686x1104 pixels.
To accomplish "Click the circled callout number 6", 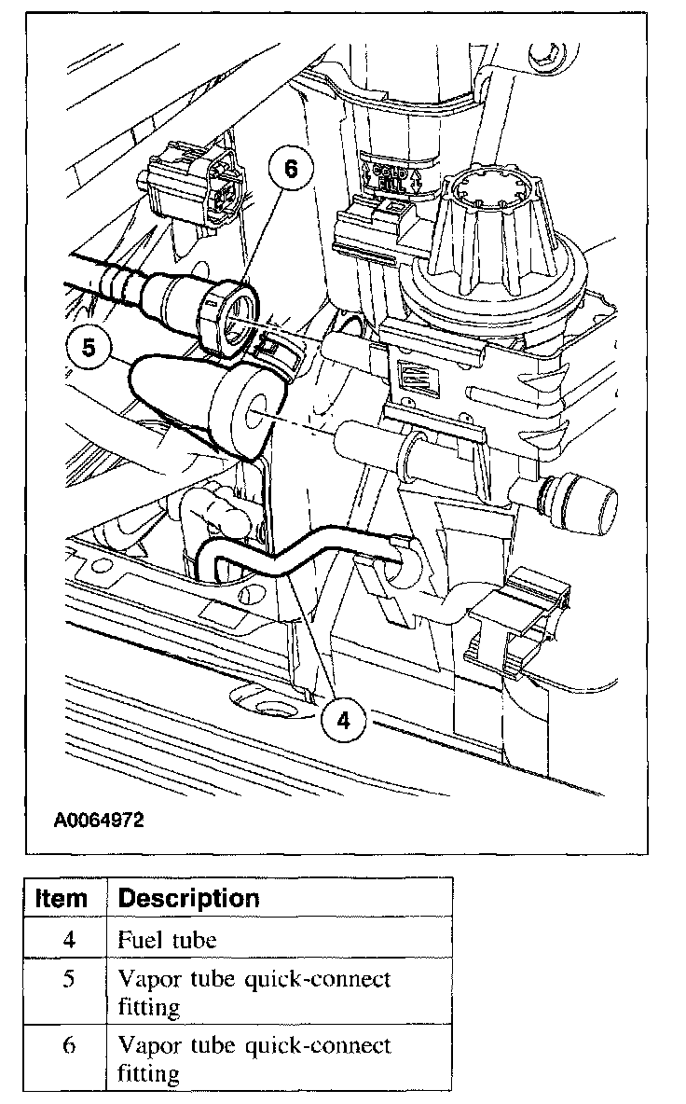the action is pos(291,170).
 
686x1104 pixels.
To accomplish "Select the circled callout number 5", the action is pos(89,347).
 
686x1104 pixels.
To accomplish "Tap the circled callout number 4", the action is pos(344,720).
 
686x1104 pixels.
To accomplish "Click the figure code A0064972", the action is pos(99,821).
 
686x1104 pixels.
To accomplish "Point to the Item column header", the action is pos(62,899).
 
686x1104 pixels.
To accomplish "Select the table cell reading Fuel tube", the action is pos(167,939).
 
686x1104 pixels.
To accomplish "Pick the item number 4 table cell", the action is pos(69,939).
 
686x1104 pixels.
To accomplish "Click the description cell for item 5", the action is pos(254,992).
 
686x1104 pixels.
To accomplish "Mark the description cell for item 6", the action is pos(254,1058).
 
